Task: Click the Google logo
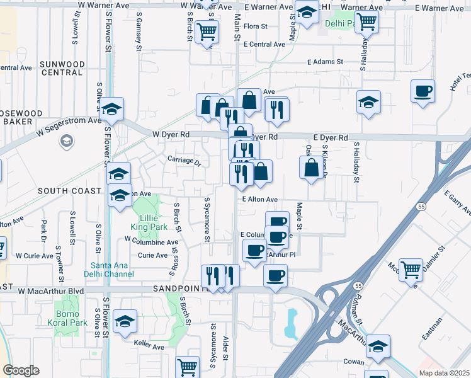tap(21, 370)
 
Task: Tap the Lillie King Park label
tap(149, 221)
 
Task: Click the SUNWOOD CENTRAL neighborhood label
tap(61, 68)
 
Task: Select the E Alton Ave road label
tap(261, 199)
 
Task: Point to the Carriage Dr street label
tap(184, 161)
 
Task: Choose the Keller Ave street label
tap(149, 346)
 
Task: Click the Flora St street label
tap(256, 26)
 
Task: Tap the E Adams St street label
tap(325, 62)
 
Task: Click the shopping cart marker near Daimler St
tap(411, 269)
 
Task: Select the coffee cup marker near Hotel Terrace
tap(423, 90)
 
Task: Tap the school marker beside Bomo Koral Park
tap(125, 322)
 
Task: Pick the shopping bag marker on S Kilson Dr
tap(312, 168)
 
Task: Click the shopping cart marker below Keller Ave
tap(188, 367)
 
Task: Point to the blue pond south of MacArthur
tap(292, 324)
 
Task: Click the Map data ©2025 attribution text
tap(444, 373)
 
